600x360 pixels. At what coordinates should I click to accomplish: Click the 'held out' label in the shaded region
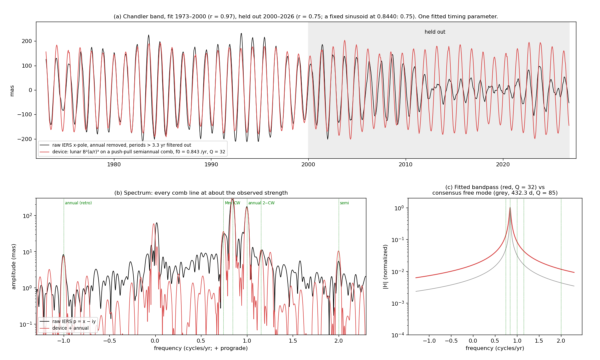[435, 32]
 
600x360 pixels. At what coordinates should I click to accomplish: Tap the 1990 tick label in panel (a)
[211, 164]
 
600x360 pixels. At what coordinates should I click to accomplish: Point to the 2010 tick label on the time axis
[406, 164]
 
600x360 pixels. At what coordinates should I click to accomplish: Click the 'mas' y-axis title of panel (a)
[12, 91]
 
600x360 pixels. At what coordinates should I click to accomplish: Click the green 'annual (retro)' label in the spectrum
[78, 203]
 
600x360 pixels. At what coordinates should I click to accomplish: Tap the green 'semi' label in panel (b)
[344, 203]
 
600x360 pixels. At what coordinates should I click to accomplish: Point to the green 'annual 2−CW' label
[261, 203]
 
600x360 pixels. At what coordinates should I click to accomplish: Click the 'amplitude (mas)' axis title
[14, 267]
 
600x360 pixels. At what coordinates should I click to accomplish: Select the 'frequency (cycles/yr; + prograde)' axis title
[201, 348]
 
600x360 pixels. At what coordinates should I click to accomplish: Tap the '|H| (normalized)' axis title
[386, 267]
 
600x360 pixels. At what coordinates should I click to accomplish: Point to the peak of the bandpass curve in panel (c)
[510, 208]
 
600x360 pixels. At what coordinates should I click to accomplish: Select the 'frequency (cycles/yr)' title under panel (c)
[495, 348]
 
